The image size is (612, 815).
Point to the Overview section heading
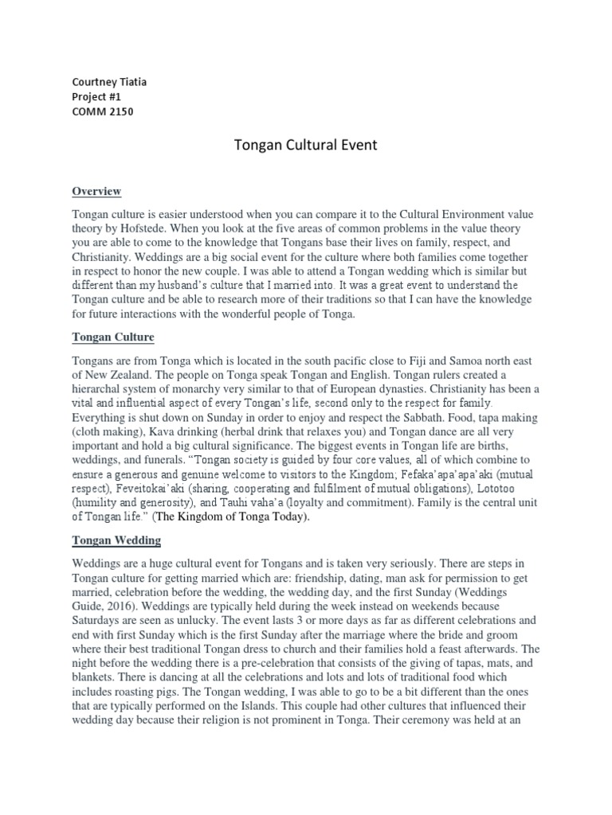96,192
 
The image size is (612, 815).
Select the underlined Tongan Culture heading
113,337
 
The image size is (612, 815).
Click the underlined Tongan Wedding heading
116,540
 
